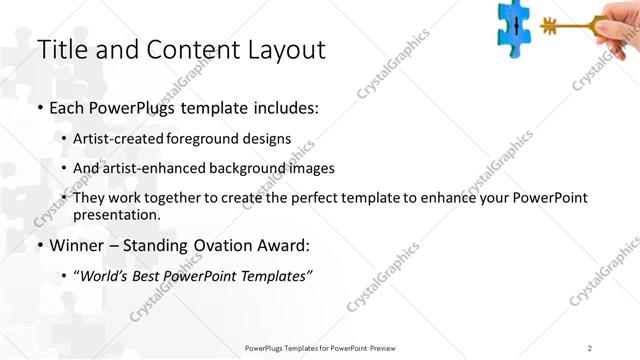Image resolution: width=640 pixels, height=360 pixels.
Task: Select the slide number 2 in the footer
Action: coord(590,348)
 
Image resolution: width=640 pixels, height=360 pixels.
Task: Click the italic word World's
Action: coord(104,275)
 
